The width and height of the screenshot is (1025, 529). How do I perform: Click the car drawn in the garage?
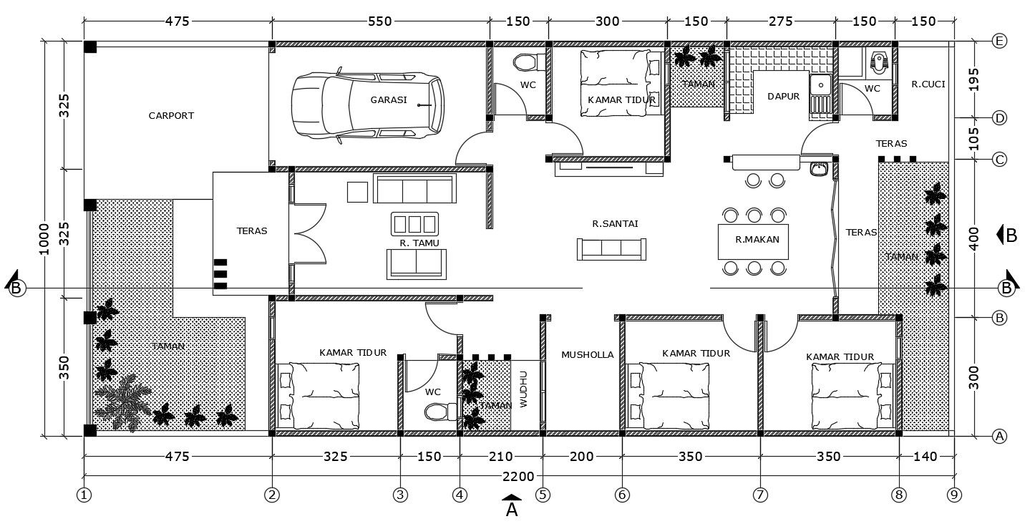pyautogui.click(x=367, y=104)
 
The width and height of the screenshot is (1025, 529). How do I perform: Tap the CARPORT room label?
pyautogui.click(x=171, y=115)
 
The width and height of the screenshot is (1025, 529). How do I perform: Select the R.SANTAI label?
pyautogui.click(x=615, y=223)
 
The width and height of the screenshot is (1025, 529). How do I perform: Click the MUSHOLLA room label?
pyautogui.click(x=587, y=354)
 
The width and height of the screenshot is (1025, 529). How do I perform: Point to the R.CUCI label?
pyautogui.click(x=928, y=84)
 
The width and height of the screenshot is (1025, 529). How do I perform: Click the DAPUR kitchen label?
pyautogui.click(x=783, y=97)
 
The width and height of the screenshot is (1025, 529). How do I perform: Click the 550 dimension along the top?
pyautogui.click(x=380, y=21)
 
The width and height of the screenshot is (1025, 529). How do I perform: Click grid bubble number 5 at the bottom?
pyautogui.click(x=543, y=494)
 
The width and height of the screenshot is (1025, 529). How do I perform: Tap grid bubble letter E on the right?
pyautogui.click(x=1000, y=41)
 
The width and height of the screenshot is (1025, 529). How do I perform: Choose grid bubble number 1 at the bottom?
pyautogui.click(x=84, y=494)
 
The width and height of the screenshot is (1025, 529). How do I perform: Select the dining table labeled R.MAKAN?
pyautogui.click(x=752, y=241)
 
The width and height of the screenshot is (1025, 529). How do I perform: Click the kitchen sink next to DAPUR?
pyautogui.click(x=820, y=85)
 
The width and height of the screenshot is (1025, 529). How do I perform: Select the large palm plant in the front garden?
pyautogui.click(x=124, y=403)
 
